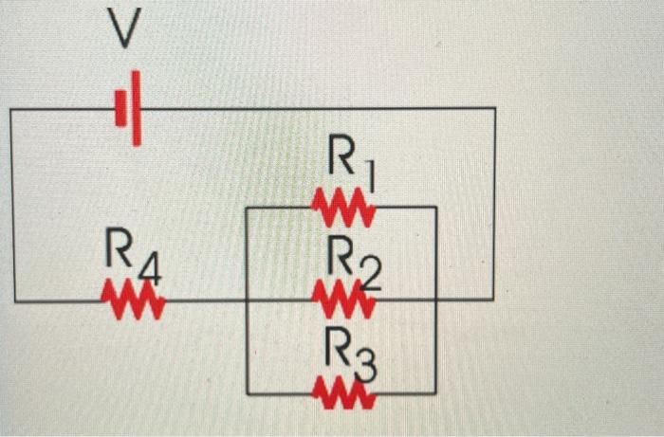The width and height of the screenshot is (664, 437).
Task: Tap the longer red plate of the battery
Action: [137, 108]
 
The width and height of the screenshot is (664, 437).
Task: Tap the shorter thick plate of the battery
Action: [120, 107]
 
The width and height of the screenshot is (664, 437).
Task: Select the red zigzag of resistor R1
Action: [343, 206]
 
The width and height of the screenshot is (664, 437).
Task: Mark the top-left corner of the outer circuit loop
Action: [10, 110]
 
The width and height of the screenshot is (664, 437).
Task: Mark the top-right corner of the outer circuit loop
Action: [494, 109]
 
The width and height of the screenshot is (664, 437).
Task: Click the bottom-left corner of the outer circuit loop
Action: [14, 301]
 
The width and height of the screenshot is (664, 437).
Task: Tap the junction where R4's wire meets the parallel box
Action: [247, 300]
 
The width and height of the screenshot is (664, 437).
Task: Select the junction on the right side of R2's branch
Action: [435, 300]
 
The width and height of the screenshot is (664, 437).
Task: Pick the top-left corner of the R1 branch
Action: [247, 207]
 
